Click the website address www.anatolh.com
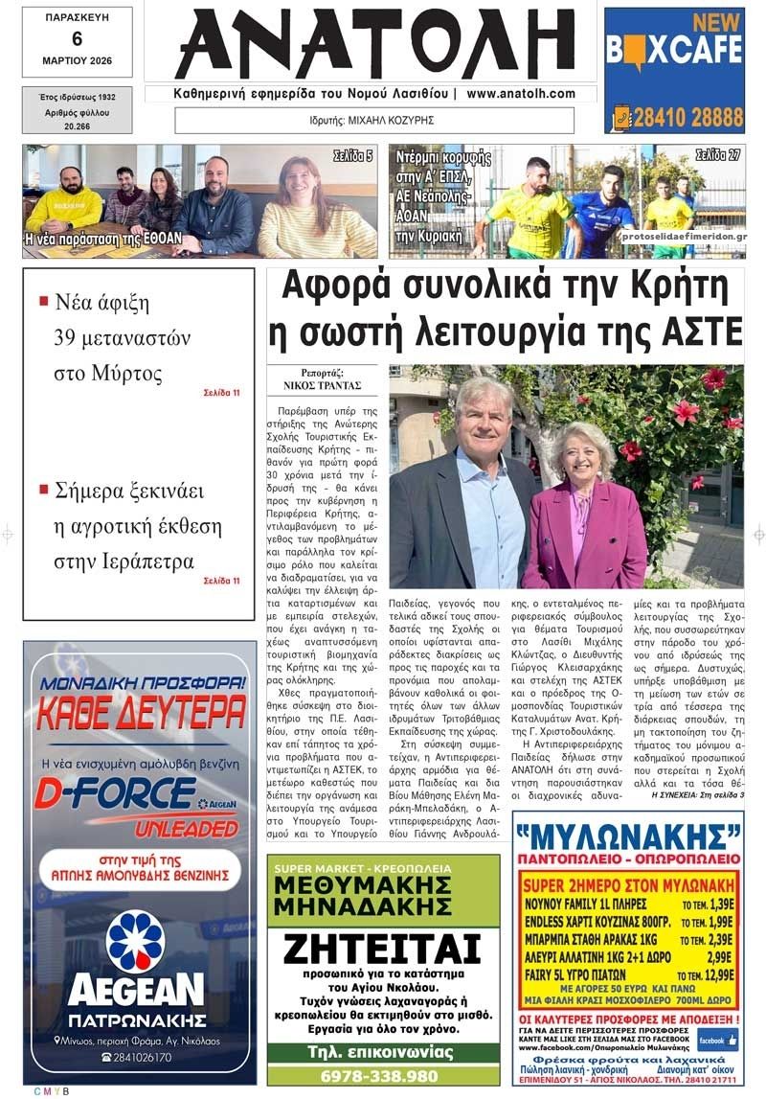521,94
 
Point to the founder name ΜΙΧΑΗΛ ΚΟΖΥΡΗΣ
395,121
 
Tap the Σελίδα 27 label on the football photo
717,153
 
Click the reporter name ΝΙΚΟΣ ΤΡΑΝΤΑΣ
322,386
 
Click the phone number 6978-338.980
383,1075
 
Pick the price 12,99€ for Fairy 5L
710,974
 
